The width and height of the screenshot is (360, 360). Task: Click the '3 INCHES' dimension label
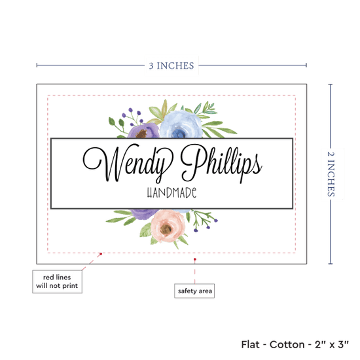[171, 65]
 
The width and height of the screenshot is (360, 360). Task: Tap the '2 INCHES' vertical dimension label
[331, 174]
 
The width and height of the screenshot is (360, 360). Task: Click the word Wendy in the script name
[128, 163]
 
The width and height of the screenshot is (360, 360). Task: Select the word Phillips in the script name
[221, 163]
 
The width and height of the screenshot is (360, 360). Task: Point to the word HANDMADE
[171, 192]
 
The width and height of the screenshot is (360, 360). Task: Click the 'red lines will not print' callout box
[57, 281]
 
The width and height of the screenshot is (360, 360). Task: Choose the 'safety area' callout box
[194, 291]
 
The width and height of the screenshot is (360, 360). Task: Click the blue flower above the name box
[181, 124]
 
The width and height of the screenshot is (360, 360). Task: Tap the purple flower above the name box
[143, 131]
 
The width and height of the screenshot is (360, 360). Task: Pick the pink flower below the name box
[168, 226]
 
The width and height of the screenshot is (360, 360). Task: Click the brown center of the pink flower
[166, 228]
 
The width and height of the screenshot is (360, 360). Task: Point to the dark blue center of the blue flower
[179, 133]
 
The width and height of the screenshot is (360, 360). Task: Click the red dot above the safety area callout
[195, 259]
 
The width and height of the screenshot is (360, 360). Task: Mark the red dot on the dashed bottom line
[101, 254]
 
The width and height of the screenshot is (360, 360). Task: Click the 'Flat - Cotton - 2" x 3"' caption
[295, 344]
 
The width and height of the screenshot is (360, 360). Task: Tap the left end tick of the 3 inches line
[37, 65]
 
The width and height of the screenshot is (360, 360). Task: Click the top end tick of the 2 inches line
[331, 84]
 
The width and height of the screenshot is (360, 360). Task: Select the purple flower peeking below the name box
[143, 214]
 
